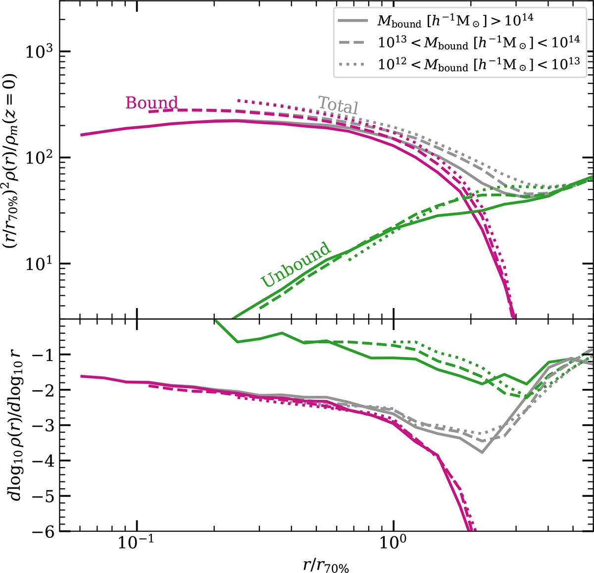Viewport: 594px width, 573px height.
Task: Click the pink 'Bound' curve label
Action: [151, 103]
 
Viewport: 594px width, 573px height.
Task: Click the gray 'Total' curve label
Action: [338, 105]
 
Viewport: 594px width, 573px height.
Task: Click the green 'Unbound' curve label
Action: [295, 264]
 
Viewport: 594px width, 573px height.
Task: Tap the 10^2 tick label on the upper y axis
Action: [42, 157]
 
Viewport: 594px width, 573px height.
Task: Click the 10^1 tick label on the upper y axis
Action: [42, 263]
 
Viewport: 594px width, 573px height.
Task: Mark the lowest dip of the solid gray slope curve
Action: [482, 452]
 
